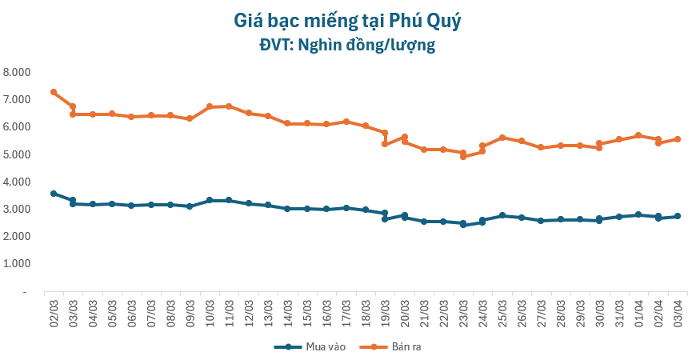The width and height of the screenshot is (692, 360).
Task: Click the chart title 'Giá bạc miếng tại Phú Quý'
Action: [x=346, y=21]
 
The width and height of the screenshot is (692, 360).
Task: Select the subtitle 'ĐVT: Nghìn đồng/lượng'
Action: [x=346, y=45]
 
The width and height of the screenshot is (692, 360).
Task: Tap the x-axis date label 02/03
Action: [x=54, y=310]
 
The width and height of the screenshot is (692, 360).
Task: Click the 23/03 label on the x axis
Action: [x=462, y=310]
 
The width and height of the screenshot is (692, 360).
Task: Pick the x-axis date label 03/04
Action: [x=677, y=310]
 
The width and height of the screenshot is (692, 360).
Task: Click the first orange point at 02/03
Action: [x=54, y=92]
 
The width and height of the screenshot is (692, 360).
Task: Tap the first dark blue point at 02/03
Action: [x=54, y=194]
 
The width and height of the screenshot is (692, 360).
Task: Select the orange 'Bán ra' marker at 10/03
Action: [x=210, y=106]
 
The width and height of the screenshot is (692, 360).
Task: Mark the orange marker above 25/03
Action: [x=502, y=138]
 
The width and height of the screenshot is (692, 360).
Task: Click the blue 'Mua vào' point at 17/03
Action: [x=346, y=208]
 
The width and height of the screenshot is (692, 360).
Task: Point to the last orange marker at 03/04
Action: [x=677, y=139]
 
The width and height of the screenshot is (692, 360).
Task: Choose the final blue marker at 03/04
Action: [x=677, y=216]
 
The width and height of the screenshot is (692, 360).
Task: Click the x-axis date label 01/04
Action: [x=638, y=310]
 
